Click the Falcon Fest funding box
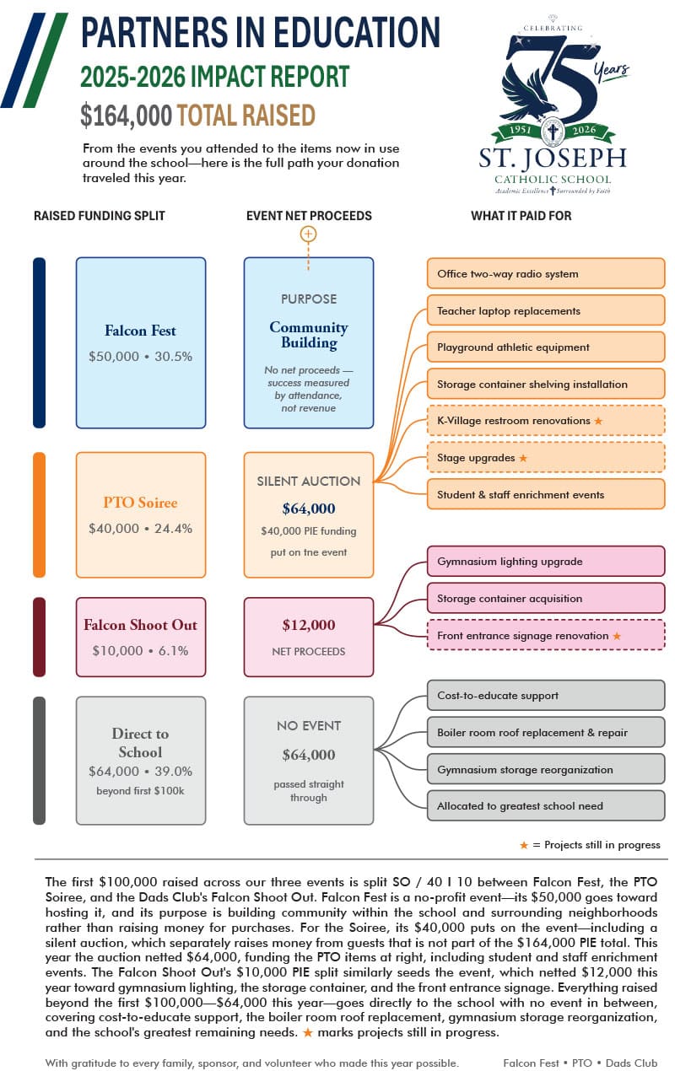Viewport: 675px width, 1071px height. [x=141, y=342]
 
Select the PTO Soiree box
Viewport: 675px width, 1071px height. [x=141, y=514]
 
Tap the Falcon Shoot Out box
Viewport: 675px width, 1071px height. [x=141, y=637]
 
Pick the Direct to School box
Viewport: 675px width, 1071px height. [x=141, y=760]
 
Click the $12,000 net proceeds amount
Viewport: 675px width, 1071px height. [x=309, y=624]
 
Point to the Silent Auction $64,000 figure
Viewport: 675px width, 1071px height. [x=309, y=509]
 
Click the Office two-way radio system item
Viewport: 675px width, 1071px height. [x=546, y=273]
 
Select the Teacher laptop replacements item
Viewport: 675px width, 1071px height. [x=546, y=310]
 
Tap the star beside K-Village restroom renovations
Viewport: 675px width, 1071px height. [x=598, y=421]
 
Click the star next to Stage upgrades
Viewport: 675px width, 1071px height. [x=523, y=458]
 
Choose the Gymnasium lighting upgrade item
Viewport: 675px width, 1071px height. [x=546, y=561]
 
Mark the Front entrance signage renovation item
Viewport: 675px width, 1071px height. [x=546, y=635]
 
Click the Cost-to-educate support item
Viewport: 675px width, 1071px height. [x=546, y=695]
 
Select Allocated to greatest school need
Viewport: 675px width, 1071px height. [x=546, y=805]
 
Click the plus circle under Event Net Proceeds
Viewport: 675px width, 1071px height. [x=308, y=234]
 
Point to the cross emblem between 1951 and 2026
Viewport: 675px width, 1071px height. [x=553, y=131]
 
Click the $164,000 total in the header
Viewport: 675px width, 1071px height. [x=126, y=116]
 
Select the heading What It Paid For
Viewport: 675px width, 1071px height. [x=521, y=216]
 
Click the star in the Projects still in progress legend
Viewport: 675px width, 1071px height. [x=524, y=845]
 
